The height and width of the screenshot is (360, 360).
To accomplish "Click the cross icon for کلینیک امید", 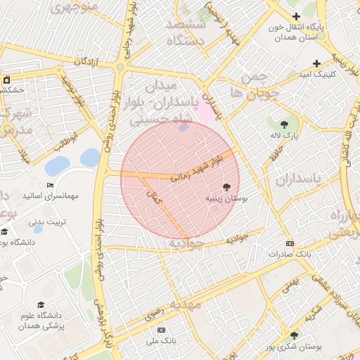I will (x=317, y=63).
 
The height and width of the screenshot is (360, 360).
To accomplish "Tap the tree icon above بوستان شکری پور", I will (x=294, y=335).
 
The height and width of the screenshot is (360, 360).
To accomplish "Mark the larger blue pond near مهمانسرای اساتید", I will (x=58, y=166).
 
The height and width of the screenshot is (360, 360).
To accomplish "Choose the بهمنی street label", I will (x=290, y=283).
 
